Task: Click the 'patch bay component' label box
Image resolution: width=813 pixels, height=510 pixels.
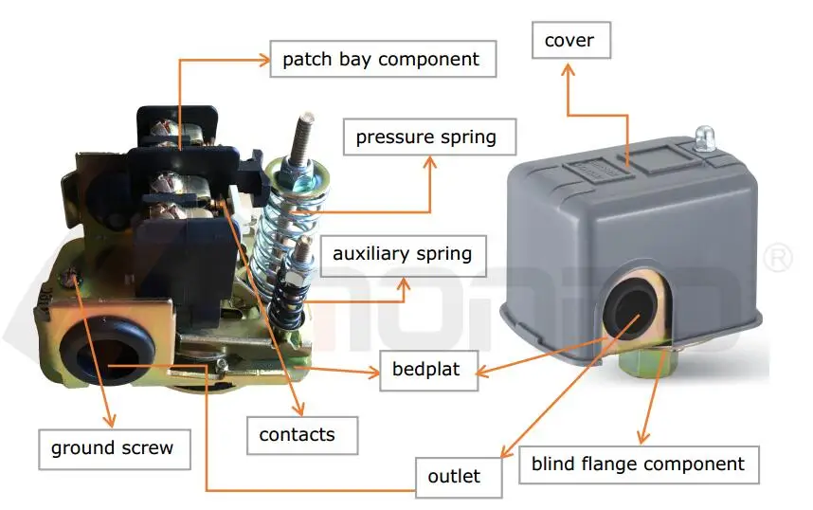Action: tap(381, 60)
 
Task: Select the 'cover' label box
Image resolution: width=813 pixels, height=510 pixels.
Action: tap(569, 42)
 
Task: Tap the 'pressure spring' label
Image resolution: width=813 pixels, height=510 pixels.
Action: tap(425, 137)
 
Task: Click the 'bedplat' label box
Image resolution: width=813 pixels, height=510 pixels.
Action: tap(425, 369)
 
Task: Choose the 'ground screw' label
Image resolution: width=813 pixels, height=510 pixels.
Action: tap(113, 447)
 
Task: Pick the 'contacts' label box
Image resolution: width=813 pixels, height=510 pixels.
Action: tap(297, 435)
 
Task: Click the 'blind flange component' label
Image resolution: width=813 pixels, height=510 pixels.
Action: tap(638, 464)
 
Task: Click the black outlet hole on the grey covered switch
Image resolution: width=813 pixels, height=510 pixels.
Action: tap(628, 309)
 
